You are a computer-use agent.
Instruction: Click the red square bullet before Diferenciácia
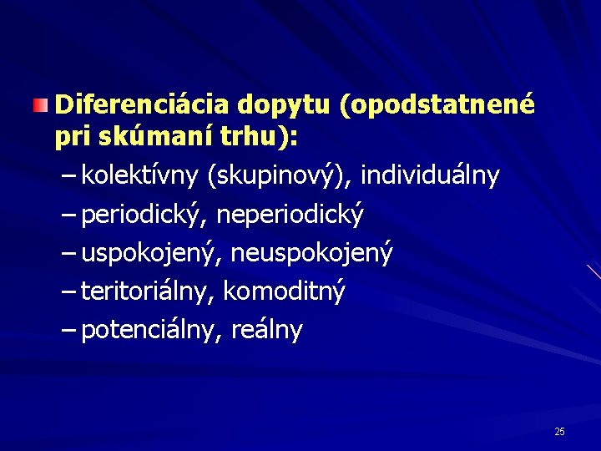(40, 105)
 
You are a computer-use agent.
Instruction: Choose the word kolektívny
(140, 175)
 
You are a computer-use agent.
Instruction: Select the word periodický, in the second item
(144, 215)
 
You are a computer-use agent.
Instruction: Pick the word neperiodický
(290, 215)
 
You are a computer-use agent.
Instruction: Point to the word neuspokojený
(311, 253)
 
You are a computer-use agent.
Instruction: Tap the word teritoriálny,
(148, 291)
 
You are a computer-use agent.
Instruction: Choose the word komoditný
(284, 291)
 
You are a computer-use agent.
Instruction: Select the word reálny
(267, 331)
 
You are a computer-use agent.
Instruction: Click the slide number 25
(559, 431)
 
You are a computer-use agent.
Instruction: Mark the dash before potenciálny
(70, 330)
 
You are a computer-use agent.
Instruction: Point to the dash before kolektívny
(70, 175)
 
